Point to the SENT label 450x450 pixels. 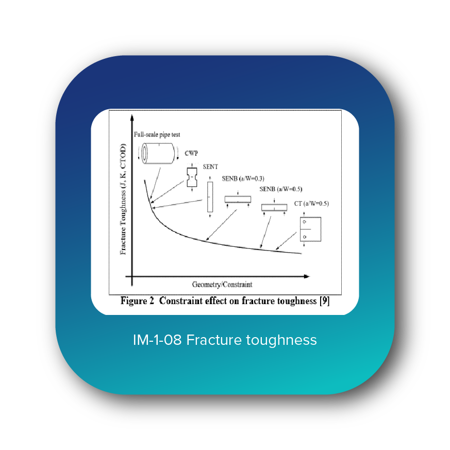click(210, 167)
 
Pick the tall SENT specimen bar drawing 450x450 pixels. click(210, 197)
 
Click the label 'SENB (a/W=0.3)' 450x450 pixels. click(243, 178)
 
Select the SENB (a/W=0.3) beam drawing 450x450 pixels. click(238, 199)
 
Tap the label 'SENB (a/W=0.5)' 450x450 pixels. click(280, 189)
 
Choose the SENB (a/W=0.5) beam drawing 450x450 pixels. click(274, 207)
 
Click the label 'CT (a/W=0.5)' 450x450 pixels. click(311, 203)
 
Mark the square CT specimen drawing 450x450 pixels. click(310, 229)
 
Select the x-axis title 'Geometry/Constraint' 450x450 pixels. click(222, 284)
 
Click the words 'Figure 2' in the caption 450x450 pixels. click(137, 301)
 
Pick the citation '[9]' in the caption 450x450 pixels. click(324, 301)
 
